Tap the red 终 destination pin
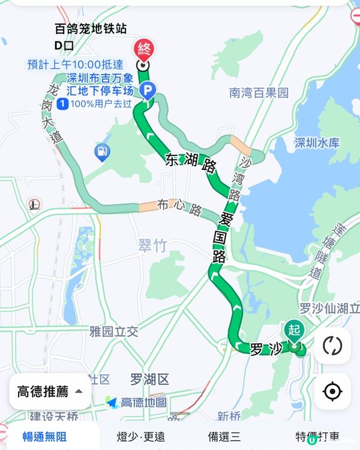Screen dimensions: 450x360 coord(145,49)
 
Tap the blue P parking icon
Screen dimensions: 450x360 coord(146,91)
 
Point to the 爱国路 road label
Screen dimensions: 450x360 coord(222,236)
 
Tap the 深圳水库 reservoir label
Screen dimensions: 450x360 coord(317,143)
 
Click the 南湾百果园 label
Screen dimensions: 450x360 coord(259,93)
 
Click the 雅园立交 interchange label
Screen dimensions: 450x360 coord(113,331)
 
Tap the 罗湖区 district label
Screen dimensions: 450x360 coord(149,379)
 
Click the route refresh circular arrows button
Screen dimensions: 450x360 coord(332,346)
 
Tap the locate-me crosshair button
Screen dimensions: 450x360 coord(332,392)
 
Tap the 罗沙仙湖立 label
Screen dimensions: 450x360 coord(329,308)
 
